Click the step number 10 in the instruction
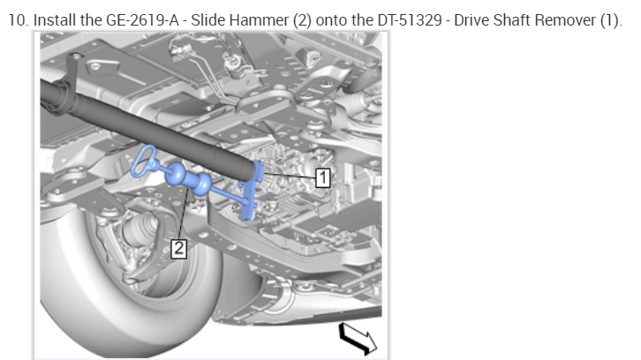[x=18, y=20]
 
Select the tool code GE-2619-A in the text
[x=142, y=20]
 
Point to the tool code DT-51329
[x=410, y=20]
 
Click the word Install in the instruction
[x=55, y=20]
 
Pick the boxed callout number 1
[x=322, y=177]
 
